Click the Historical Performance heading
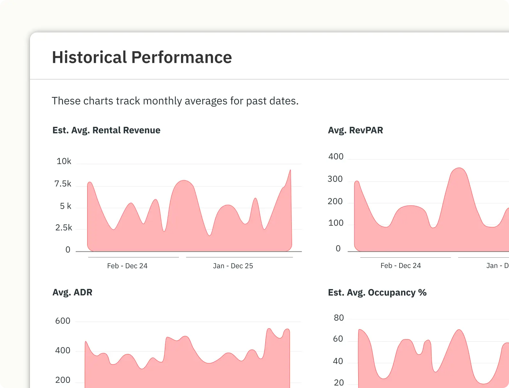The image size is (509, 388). coord(142,58)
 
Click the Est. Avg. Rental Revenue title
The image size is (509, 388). coord(106,130)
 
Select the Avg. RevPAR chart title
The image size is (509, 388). coord(355,130)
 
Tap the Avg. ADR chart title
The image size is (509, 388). coord(72,292)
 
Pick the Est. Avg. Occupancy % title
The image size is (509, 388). coord(377,292)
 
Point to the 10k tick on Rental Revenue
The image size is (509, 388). coord(64,161)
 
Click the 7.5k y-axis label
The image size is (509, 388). coord(63,184)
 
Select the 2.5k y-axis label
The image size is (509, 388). coord(64,228)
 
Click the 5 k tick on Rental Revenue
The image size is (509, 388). coord(66,206)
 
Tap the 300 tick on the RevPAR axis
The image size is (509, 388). coord(335,179)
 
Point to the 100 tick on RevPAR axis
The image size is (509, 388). coord(336,223)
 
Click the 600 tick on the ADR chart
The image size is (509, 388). coord(63,321)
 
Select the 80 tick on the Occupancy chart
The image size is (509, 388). coord(339,318)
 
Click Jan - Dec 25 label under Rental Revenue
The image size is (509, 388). coord(233,266)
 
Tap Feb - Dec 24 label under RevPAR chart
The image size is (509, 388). coord(401,266)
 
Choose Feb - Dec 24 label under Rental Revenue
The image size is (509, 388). coord(127,266)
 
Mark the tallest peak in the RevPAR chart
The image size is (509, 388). coord(459,168)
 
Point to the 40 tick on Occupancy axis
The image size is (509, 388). coord(338,361)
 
